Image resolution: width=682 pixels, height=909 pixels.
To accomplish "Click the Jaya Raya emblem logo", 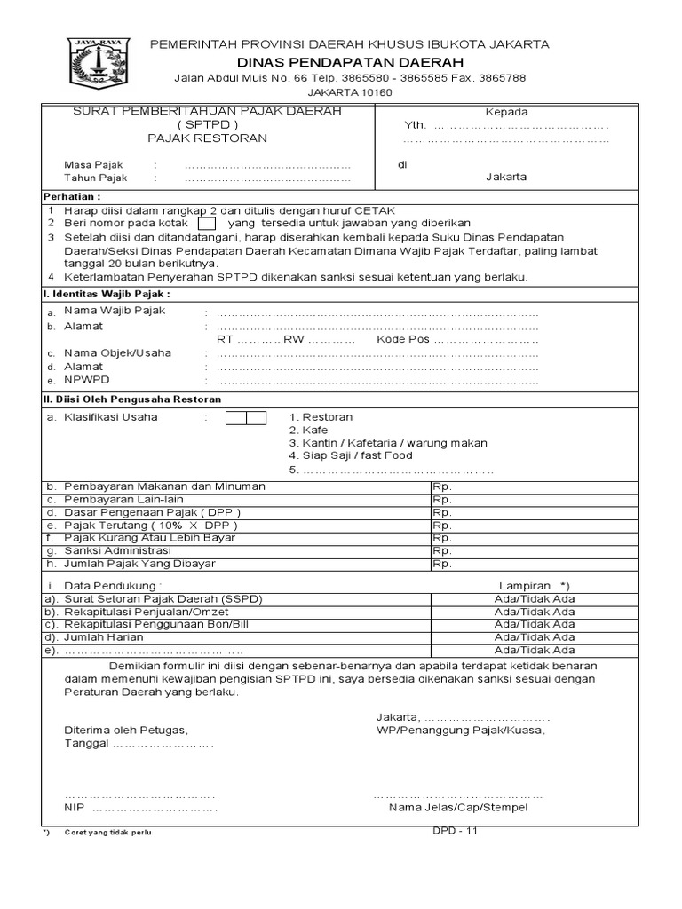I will (99, 64).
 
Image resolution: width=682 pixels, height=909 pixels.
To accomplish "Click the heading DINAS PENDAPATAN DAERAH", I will (349, 61).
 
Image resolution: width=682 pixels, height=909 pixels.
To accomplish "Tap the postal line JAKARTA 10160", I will (349, 92).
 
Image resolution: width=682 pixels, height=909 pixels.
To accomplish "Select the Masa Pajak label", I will (93, 165).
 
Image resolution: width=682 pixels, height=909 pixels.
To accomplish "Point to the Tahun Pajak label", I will (95, 178).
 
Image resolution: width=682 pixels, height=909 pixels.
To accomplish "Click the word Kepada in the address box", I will (506, 112).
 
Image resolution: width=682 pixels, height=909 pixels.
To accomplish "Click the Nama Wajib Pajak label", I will (115, 311).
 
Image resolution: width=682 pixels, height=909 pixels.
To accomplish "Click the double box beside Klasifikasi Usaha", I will (245, 417).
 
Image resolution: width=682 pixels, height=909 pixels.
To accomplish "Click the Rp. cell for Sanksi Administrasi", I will (441, 550).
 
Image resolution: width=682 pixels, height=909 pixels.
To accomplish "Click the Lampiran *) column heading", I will (533, 586).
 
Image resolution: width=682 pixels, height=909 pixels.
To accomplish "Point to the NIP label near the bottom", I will (73, 808).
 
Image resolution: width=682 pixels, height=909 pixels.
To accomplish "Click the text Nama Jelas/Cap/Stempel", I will (458, 808).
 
